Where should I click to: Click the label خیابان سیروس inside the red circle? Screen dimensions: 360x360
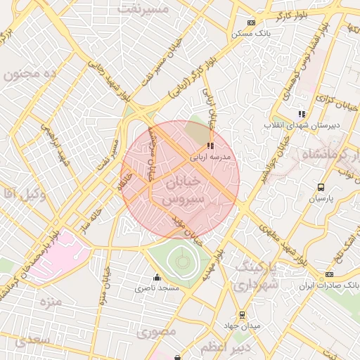182,190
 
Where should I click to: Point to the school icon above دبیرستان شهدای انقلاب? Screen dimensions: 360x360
302,114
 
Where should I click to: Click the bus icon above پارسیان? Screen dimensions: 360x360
321,188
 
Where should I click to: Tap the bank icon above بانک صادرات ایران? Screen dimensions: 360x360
329,275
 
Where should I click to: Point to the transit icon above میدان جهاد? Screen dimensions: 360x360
243,315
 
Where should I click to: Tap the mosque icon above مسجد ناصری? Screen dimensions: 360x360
156,277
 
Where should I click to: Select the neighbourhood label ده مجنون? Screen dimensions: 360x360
29,75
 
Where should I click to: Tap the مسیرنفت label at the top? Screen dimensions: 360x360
143,9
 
